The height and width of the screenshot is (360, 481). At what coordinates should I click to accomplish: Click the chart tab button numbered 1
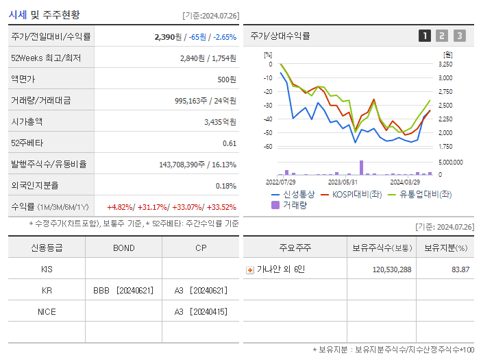click(x=425, y=36)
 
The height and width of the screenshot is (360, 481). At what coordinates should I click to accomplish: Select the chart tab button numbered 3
click(x=459, y=36)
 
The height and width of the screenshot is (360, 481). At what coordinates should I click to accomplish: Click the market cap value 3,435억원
click(x=220, y=121)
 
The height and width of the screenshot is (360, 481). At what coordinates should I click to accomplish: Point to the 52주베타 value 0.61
click(x=230, y=143)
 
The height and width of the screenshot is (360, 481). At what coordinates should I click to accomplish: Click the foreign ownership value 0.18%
click(x=226, y=185)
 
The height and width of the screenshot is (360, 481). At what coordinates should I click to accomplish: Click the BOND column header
click(x=123, y=248)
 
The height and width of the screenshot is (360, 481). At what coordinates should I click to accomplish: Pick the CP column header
click(x=200, y=248)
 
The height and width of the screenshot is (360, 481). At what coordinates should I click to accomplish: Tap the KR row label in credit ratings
click(x=47, y=291)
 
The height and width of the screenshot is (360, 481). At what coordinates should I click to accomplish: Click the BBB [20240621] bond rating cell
click(x=123, y=291)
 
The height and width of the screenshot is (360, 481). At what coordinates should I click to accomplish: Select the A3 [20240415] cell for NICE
click(x=200, y=312)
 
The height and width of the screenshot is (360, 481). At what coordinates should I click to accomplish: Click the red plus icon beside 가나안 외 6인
click(x=249, y=269)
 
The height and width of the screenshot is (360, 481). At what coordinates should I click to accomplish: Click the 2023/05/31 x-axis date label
click(x=343, y=182)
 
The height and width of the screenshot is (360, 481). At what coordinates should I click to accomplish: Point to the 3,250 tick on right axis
click(x=445, y=64)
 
